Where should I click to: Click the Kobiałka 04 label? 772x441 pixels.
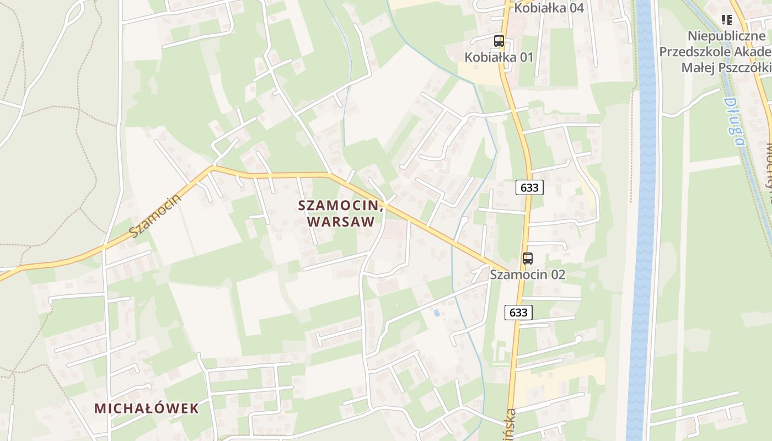(x=549, y=8)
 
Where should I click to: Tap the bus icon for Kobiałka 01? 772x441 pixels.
(x=499, y=40)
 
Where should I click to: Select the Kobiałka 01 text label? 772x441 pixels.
(x=499, y=57)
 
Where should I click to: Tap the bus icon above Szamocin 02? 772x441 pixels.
(x=528, y=258)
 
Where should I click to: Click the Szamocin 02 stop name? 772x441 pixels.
(x=528, y=274)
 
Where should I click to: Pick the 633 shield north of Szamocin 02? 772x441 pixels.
(x=529, y=187)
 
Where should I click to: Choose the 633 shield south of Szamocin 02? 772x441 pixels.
(x=518, y=313)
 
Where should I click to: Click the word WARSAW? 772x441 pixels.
(x=341, y=222)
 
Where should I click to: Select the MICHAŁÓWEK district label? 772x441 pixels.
(x=146, y=408)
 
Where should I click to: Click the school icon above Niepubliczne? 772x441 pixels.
(x=727, y=20)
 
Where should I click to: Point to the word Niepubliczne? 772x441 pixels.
(x=729, y=36)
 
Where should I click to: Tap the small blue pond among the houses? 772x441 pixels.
(x=437, y=313)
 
